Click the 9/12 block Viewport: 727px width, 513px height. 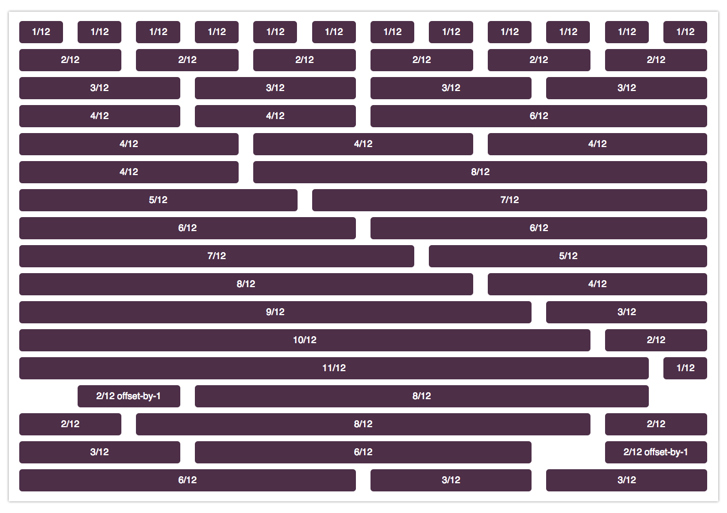[275, 312]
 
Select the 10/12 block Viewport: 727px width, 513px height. [304, 340]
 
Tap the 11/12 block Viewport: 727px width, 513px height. [334, 368]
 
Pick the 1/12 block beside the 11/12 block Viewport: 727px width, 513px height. [685, 368]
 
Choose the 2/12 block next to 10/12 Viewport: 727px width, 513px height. [656, 340]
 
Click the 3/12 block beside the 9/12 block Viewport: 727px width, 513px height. [626, 312]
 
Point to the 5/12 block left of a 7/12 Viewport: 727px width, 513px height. [158, 200]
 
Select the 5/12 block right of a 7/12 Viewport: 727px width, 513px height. [568, 256]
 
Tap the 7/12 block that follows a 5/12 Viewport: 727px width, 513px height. [509, 200]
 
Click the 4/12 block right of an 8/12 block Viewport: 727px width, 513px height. [597, 284]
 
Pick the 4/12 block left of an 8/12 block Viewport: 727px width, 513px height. [128, 172]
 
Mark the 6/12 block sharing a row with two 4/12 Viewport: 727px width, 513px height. [539, 116]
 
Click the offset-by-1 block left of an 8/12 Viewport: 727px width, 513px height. [128, 396]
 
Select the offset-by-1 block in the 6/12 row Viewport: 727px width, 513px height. [656, 452]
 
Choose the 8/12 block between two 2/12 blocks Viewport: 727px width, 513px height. [363, 424]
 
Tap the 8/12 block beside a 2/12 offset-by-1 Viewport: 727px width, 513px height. [421, 396]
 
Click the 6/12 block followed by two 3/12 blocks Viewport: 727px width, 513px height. [187, 480]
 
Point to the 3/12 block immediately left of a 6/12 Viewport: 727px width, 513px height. [99, 452]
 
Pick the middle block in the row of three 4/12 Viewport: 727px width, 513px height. [363, 144]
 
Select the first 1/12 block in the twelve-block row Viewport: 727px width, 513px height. [41, 32]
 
